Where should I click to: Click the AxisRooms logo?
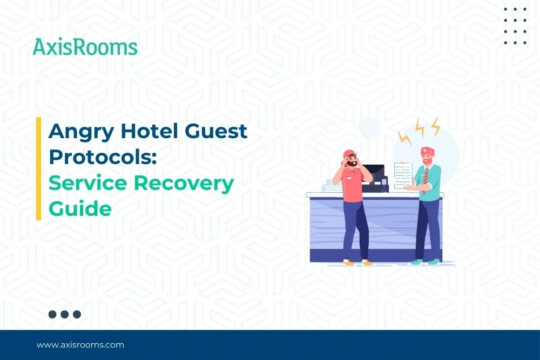[x=85, y=47]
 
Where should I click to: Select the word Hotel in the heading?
[x=147, y=131]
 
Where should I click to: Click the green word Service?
[x=87, y=182]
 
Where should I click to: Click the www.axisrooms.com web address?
[x=80, y=344]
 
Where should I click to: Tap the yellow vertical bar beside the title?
[x=38, y=168]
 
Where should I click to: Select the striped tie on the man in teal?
[x=426, y=178]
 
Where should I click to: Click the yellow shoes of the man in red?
[x=358, y=262]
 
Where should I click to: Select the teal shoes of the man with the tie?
[x=424, y=262]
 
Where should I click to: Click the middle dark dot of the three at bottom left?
[x=65, y=314]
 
